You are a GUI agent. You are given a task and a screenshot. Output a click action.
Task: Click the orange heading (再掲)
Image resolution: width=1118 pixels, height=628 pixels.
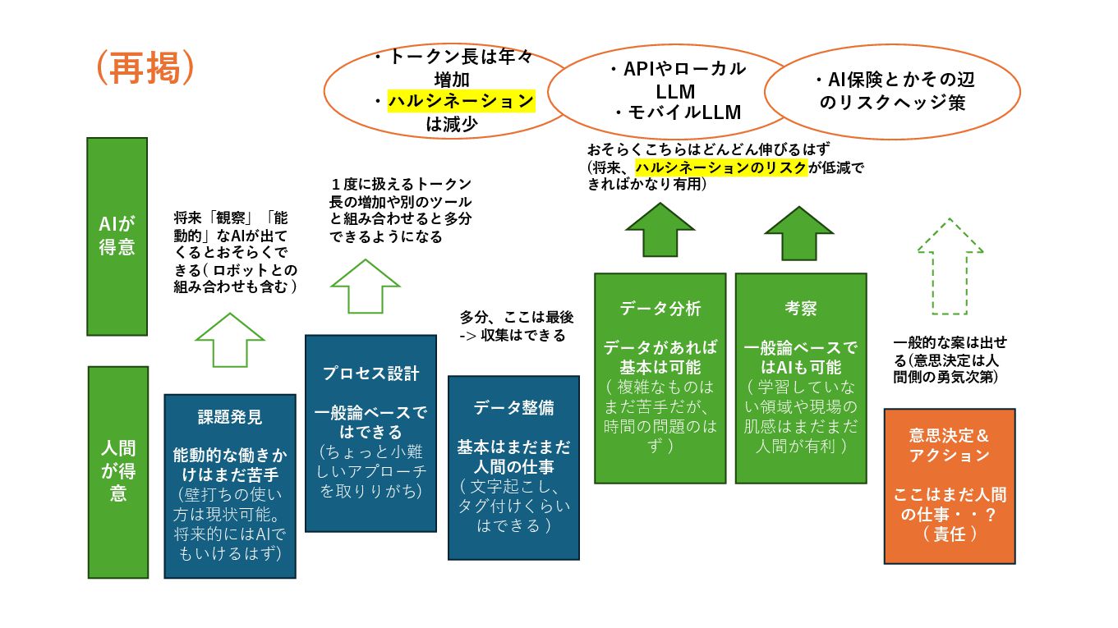(x=145, y=69)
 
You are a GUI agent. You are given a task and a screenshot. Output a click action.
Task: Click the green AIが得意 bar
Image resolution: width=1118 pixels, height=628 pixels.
(x=117, y=236)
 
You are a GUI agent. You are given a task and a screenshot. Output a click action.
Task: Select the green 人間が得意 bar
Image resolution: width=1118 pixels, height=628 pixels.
(x=117, y=472)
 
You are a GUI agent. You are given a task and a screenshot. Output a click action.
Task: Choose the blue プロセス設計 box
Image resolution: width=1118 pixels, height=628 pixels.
(x=370, y=433)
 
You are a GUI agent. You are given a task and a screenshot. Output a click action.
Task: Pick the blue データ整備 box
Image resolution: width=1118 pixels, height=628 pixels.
(x=513, y=467)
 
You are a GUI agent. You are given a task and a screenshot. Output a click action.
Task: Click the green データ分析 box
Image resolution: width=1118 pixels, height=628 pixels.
(x=660, y=378)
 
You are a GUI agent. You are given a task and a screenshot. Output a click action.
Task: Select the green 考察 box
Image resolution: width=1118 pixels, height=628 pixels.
(x=800, y=378)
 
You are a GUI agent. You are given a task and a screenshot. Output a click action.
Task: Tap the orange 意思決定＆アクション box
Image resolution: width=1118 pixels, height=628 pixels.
(x=949, y=485)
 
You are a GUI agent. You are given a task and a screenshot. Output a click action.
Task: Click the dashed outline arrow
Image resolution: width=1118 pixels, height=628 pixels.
(x=950, y=266)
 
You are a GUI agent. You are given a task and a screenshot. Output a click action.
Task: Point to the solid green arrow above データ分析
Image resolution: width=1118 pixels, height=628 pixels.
(x=660, y=231)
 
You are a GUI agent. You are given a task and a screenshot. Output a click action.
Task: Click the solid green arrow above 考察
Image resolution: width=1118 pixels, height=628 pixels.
(x=799, y=232)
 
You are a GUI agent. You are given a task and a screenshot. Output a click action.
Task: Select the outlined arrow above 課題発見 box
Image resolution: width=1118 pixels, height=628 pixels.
(x=229, y=339)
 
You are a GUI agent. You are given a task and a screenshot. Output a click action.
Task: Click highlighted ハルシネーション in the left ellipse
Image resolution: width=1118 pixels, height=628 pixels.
(x=461, y=102)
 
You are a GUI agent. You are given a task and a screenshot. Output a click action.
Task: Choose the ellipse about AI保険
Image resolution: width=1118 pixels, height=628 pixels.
(x=892, y=91)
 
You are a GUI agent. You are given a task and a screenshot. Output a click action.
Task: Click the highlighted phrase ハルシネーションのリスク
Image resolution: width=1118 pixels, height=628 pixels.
(x=720, y=167)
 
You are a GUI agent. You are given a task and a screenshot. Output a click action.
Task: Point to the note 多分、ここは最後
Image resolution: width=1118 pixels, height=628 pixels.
(x=515, y=326)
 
